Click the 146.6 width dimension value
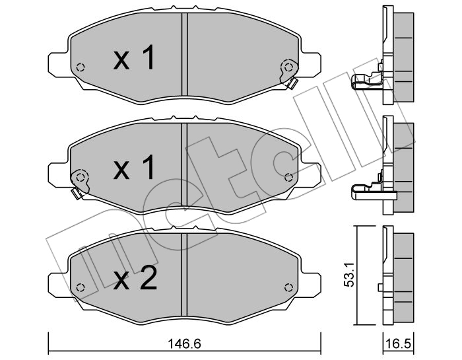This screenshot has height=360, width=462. [184, 343]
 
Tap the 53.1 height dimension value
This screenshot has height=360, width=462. [349, 276]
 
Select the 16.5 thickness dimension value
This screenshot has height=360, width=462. [399, 343]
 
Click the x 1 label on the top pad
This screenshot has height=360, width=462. [134, 57]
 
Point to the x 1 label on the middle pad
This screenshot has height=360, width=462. [134, 167]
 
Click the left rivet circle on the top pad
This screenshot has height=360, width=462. [80, 67]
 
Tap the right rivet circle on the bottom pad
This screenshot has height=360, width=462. [289, 287]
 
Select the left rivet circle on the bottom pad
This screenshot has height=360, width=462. [80, 287]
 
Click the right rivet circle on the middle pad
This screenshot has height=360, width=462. [289, 177]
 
